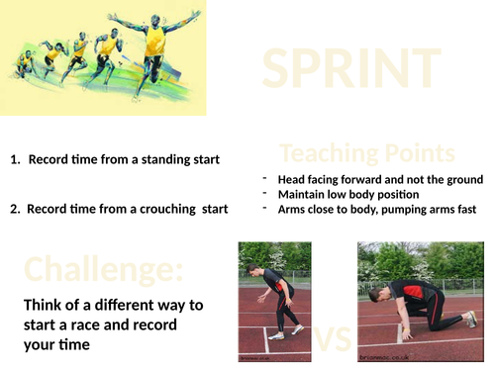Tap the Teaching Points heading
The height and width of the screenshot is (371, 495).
pos(367,153)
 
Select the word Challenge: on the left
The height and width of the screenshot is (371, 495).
pos(104,269)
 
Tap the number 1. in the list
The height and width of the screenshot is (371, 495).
pos(15,159)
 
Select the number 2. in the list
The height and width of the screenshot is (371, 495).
pos(15,209)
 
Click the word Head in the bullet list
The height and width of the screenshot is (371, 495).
pos(294,180)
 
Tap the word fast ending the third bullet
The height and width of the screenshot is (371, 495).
pos(464,209)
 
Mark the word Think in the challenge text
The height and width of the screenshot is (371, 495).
pos(46,305)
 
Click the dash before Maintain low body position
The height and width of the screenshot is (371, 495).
pos(265,194)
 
